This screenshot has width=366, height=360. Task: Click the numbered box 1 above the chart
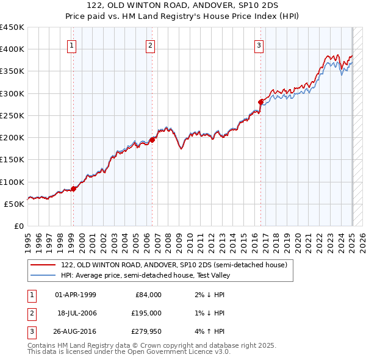coord(72,45)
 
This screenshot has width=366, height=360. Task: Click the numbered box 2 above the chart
coord(150,45)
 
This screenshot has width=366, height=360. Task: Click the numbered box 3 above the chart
coord(259,45)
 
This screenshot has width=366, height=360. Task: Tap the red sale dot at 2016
coord(261,102)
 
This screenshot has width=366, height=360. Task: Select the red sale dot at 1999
coord(73,189)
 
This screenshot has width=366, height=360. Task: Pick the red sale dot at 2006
coord(152,139)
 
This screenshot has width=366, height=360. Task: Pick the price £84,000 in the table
coord(148,295)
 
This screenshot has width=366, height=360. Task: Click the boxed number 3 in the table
coord(30,331)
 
